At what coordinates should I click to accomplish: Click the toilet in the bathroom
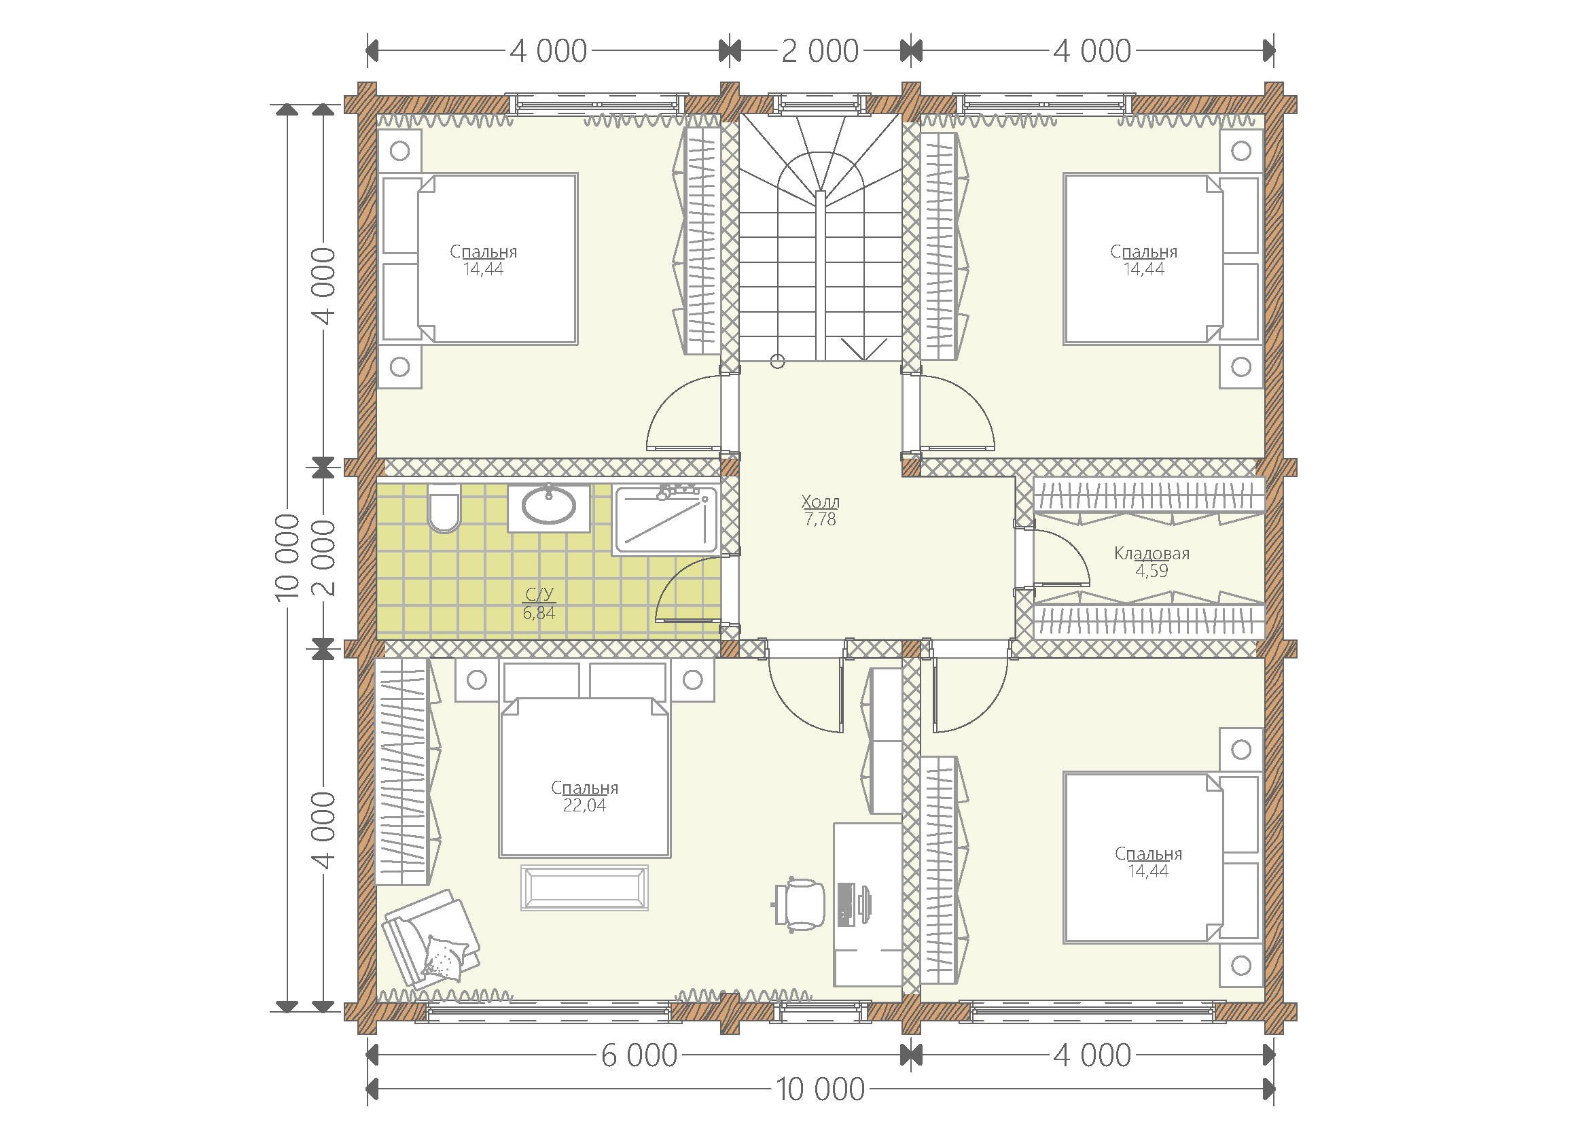tap(444, 508)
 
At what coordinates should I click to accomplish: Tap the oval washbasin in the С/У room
tap(549, 504)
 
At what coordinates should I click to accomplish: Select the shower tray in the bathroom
tap(666, 520)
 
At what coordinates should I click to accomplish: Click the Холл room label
tap(820, 501)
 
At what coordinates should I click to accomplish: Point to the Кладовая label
tap(1151, 553)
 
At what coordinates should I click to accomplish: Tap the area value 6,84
tap(539, 612)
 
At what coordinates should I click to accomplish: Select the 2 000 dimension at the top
tap(820, 51)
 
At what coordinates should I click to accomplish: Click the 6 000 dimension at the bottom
tap(639, 1055)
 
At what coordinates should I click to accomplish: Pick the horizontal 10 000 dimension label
tap(820, 1089)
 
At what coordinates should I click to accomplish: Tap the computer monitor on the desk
tap(864, 904)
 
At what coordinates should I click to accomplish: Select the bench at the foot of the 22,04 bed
tap(584, 888)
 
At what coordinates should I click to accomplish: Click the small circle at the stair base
tap(777, 362)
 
